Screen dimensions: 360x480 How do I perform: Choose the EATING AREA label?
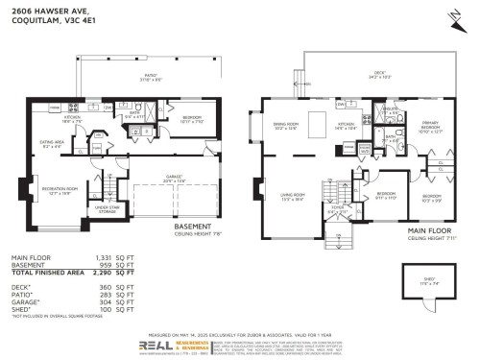click(53, 143)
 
